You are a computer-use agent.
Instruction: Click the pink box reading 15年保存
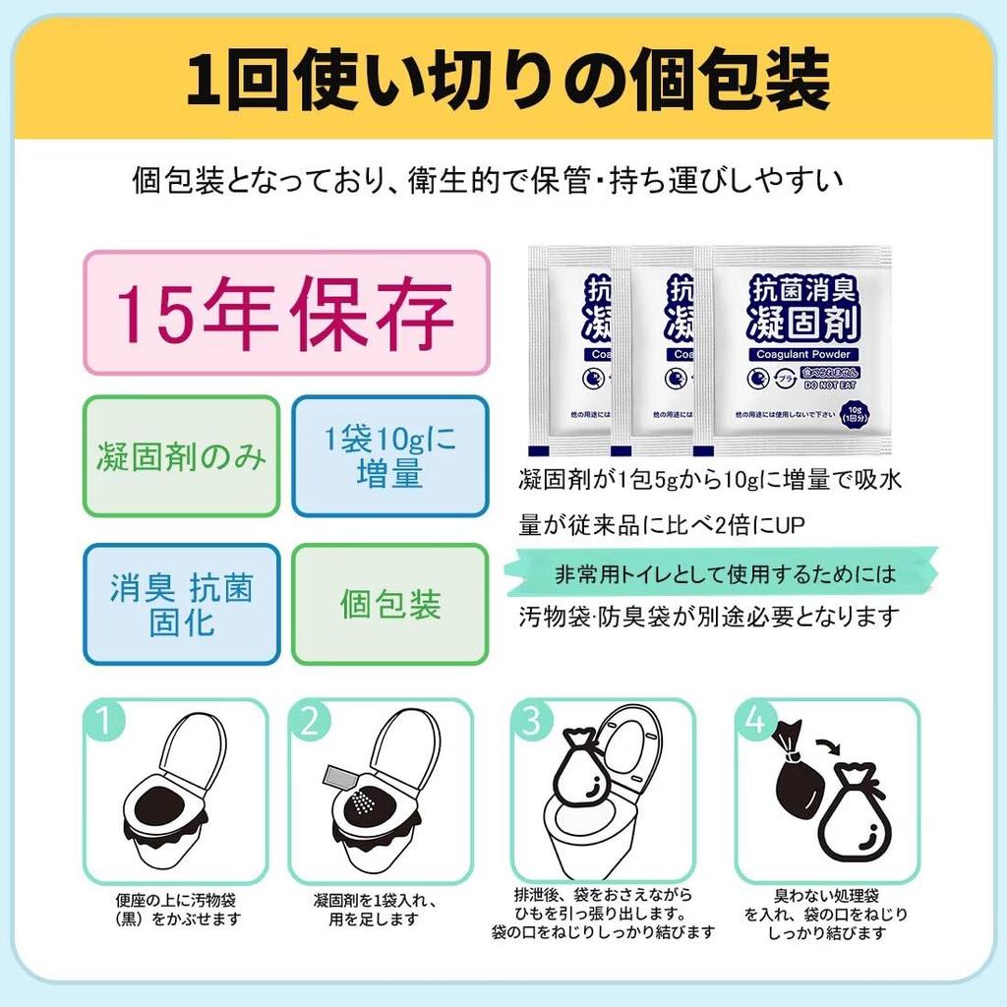click(x=285, y=312)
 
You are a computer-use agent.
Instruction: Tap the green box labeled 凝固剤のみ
click(x=181, y=456)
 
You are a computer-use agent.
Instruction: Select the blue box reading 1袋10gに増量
click(x=390, y=456)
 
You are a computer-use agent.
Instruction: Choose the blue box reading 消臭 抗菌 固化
click(x=181, y=605)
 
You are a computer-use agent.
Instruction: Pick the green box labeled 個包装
click(x=390, y=605)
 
